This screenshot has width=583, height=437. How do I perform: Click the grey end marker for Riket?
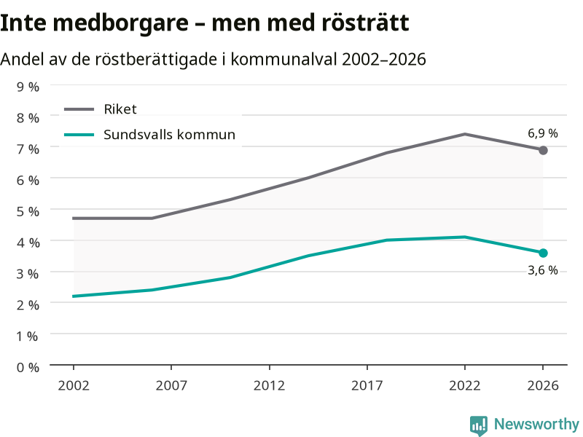click(543, 150)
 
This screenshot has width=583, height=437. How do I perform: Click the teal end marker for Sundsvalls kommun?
click(543, 253)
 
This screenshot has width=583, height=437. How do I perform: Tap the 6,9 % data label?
click(543, 133)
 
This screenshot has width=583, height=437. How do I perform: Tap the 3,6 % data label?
click(543, 270)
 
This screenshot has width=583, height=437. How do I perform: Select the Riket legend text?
click(120, 109)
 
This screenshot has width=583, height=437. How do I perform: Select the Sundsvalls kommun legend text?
click(170, 135)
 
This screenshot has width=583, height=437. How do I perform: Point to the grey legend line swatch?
click(79, 109)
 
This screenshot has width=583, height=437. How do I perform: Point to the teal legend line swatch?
click(79, 135)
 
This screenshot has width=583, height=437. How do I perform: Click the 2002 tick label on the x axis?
click(74, 385)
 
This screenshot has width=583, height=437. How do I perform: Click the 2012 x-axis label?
click(269, 385)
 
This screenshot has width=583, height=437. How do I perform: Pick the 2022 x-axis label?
click(465, 385)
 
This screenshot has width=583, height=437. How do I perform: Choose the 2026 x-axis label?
click(543, 385)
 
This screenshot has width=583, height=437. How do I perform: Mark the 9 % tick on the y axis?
click(28, 87)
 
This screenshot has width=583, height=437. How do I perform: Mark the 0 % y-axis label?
click(28, 368)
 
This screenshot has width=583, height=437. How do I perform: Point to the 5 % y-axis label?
click(28, 211)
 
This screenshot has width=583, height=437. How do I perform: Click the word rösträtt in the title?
click(366, 23)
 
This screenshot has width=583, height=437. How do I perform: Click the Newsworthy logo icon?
click(479, 425)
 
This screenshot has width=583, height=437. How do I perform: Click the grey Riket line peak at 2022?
click(465, 134)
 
